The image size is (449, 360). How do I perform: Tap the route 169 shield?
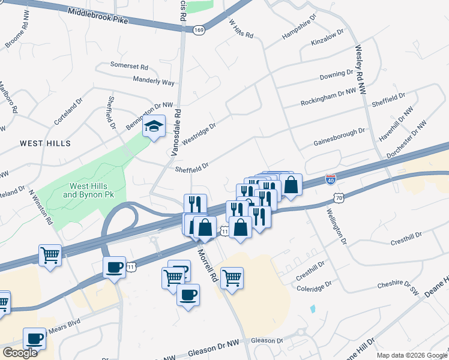tap(199, 29)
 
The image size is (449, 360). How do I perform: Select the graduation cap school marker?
tap(154, 127)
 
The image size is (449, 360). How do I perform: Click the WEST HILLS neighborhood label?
tap(45, 143)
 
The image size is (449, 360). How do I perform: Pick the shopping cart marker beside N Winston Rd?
tap(50, 254)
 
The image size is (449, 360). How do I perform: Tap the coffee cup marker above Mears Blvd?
tap(35, 338)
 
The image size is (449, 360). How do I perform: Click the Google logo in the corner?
tap(20, 352)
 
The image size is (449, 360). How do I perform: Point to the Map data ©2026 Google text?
tap(412, 355)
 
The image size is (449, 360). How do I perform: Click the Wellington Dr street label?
tap(337, 227)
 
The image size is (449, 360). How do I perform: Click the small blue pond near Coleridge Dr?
tap(312, 309)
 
